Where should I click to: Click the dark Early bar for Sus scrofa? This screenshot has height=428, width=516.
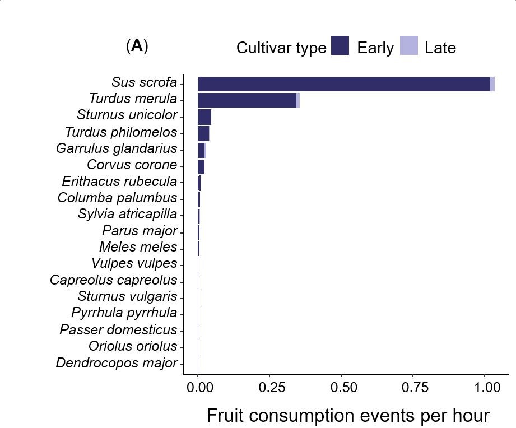343,84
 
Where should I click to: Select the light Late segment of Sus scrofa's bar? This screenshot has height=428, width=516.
492,84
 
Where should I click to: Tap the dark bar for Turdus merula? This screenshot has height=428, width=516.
247,100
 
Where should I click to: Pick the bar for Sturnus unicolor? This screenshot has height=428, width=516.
204,117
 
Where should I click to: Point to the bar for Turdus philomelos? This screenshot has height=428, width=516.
203,133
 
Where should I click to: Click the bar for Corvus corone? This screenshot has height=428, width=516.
201,166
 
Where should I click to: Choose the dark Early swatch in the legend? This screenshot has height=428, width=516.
340,46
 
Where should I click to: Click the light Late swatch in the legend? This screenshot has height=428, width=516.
409,46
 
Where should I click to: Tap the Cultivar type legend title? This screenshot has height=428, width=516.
281,48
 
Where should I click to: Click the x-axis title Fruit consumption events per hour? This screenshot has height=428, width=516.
347,416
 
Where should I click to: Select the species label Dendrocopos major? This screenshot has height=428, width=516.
117,364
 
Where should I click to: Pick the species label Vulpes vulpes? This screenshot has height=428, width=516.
134,264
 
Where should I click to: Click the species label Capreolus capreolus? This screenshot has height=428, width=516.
113,281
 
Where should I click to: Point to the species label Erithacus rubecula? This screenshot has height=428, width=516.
119,182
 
